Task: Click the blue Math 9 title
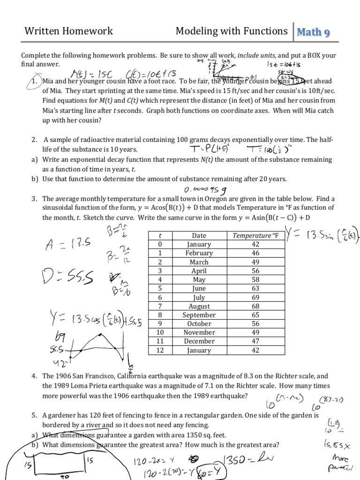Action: point(314,32)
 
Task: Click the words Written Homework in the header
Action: point(68,31)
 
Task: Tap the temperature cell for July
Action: point(255,298)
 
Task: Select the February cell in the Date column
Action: point(199,253)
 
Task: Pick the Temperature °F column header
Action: point(255,235)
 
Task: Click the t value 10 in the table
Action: point(160,333)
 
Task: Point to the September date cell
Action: point(199,315)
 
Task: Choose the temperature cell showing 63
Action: point(255,289)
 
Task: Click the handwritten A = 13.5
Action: point(65,244)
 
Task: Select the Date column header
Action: point(199,235)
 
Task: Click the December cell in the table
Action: point(199,342)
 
